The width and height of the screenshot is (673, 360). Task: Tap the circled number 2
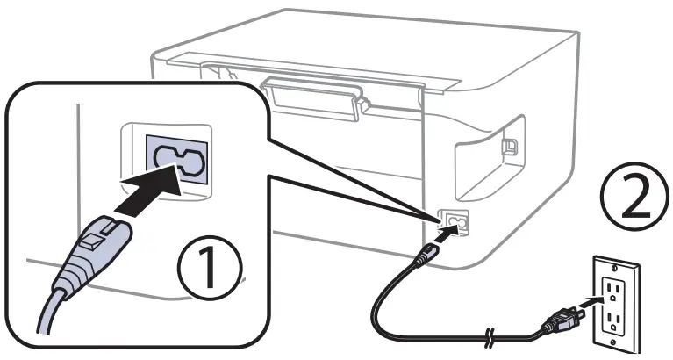tap(627, 194)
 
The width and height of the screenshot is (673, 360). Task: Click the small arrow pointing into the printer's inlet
tap(446, 231)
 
